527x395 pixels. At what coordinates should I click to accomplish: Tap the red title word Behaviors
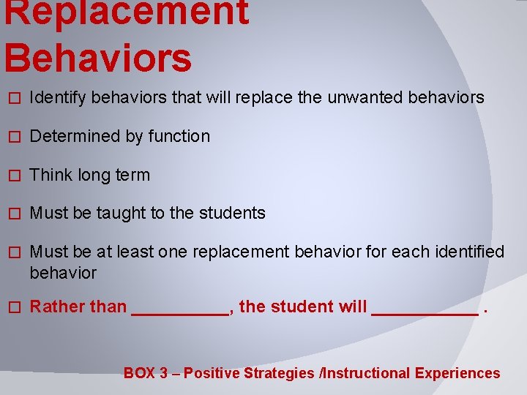[97, 59]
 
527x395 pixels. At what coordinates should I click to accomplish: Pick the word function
[179, 136]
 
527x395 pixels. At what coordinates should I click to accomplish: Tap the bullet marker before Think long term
[10, 176]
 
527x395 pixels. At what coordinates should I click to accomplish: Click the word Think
[50, 175]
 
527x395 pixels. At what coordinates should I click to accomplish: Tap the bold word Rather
[57, 307]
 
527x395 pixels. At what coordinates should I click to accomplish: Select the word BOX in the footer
[139, 373]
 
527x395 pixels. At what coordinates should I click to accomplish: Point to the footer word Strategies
[279, 373]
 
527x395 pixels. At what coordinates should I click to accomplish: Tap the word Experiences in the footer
[457, 373]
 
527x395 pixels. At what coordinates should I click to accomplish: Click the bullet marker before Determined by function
[10, 137]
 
